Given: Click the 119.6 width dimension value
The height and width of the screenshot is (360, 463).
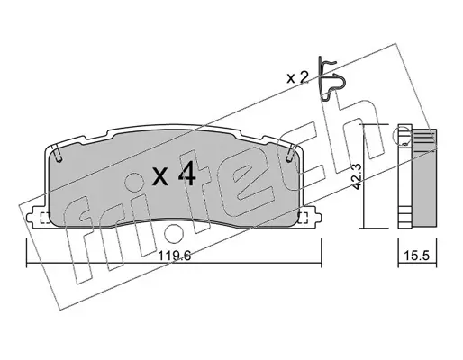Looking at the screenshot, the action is click(x=175, y=256).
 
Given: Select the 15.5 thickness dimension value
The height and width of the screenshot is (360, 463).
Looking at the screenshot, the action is click(x=416, y=256).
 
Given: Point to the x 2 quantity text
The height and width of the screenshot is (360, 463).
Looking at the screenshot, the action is click(x=297, y=78).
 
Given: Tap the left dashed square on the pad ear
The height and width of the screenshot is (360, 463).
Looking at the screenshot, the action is click(x=45, y=218).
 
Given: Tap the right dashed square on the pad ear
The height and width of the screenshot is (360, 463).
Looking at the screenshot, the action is click(x=303, y=218).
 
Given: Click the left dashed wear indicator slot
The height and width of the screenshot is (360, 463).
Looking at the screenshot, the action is click(x=58, y=153).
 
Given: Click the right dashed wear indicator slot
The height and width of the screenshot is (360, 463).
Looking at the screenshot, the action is click(x=291, y=153).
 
